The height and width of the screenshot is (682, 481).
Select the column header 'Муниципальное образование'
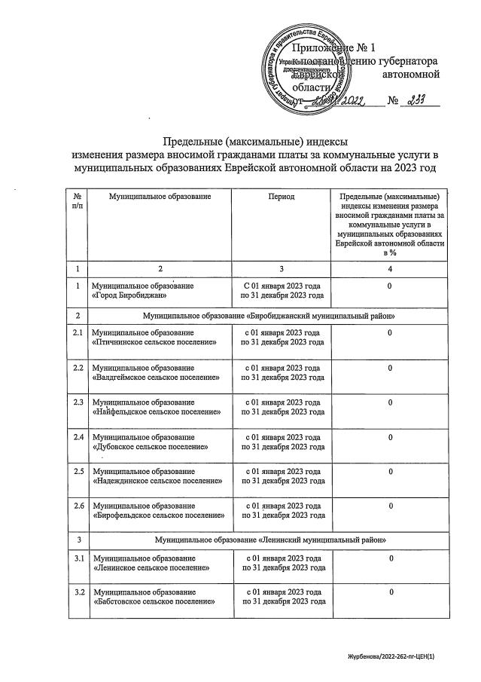[x=159, y=197]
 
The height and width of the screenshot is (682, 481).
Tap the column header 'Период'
[x=281, y=197]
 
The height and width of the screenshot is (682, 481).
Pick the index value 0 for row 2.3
[x=389, y=403]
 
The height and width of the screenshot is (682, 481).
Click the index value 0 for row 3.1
[x=389, y=558]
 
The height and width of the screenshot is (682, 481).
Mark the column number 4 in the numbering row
[x=389, y=268]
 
